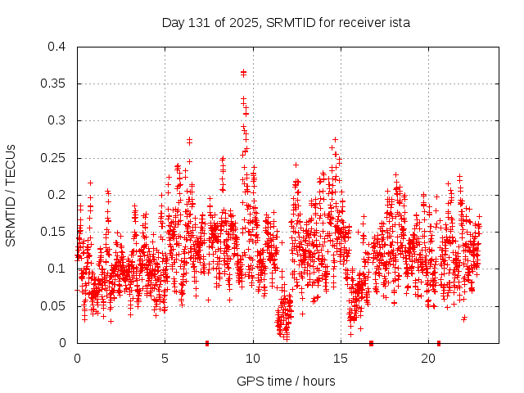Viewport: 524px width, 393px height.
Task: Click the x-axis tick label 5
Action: tap(165, 359)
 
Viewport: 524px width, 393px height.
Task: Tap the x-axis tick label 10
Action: tap(253, 359)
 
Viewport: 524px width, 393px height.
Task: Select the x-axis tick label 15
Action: tap(341, 359)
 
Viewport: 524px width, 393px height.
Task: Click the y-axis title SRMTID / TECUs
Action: tap(11, 195)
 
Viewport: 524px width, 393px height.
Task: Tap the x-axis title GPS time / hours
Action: tap(286, 381)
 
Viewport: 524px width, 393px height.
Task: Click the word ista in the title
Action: tap(399, 22)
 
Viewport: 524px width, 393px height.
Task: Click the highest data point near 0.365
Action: tap(243, 72)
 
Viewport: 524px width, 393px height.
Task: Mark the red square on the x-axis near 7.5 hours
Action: tap(207, 343)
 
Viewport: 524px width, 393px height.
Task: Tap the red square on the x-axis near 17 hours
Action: tap(372, 343)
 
